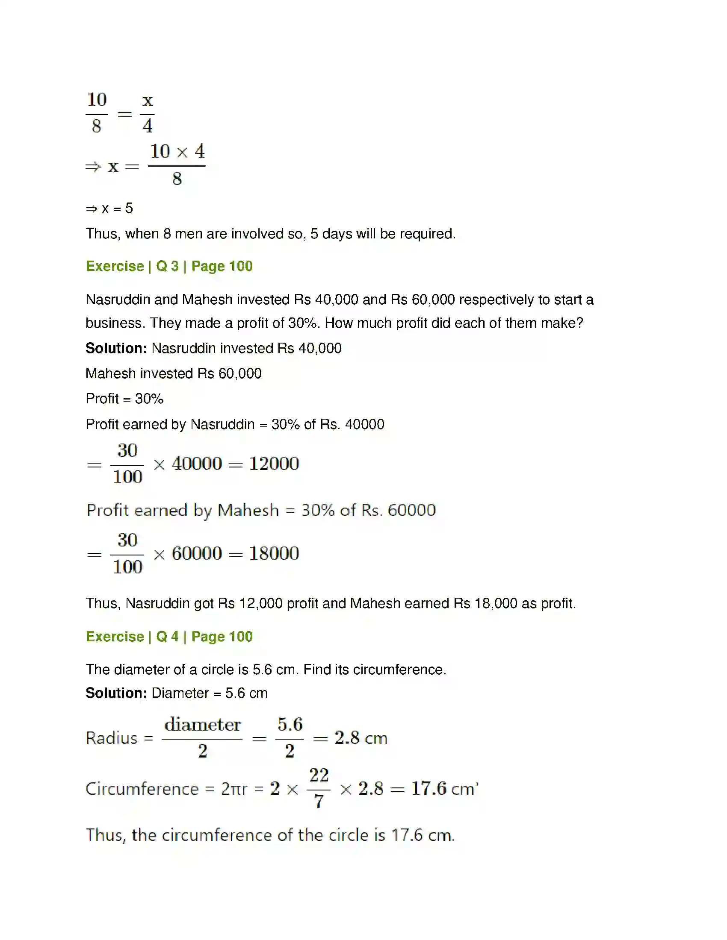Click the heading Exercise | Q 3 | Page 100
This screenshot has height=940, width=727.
(169, 266)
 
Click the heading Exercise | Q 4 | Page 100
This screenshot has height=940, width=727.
(169, 636)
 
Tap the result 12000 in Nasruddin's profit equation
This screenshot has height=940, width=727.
(274, 464)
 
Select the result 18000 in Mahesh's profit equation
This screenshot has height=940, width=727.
(274, 553)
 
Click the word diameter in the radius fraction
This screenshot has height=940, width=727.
(202, 724)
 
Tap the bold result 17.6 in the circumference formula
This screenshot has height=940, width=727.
(429, 788)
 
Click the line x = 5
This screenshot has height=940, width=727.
(109, 209)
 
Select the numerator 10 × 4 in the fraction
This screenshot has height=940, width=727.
(177, 151)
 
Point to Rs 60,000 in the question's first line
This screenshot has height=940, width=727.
(423, 300)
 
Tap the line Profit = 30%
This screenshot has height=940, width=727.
(124, 399)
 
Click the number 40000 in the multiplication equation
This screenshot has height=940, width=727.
(197, 464)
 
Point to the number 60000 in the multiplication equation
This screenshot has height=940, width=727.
(197, 553)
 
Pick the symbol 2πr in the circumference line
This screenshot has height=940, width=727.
(234, 789)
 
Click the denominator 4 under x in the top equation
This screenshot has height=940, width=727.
(147, 126)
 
